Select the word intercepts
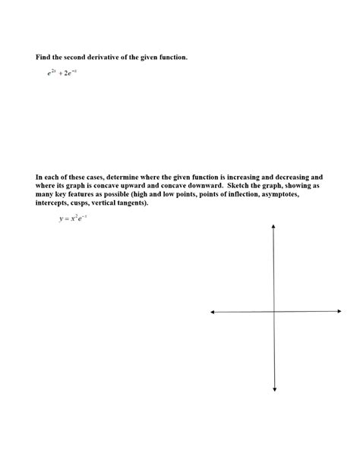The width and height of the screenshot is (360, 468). [55, 204]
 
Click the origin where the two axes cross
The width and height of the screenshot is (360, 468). [274, 312]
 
